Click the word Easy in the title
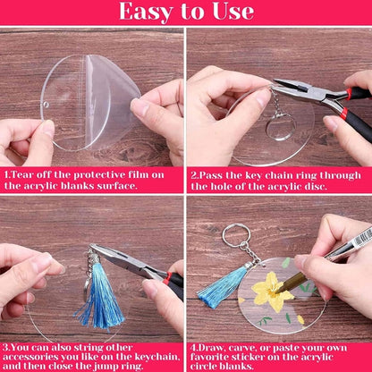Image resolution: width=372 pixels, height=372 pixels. click(146, 12)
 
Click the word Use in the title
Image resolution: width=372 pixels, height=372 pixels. click(233, 12)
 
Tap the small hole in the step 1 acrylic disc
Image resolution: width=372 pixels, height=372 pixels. click(46, 105)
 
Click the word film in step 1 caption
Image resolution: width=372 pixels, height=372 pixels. click(138, 174)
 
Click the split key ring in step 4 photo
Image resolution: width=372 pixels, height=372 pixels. click(236, 236)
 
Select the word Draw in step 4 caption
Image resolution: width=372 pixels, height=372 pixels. click(212, 348)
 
